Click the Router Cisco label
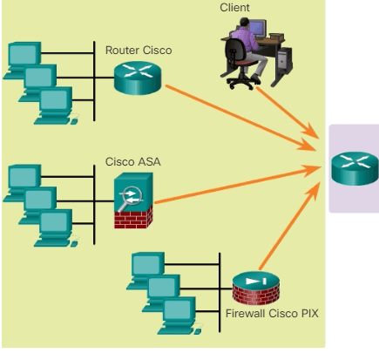point(139,50)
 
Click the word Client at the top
point(234,8)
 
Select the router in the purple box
point(354,167)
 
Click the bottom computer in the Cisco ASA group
point(55,226)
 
